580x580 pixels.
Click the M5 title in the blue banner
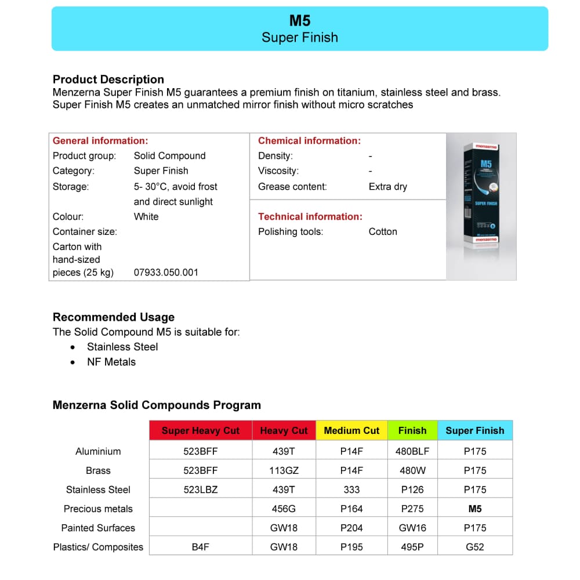300,21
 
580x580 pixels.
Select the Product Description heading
108,79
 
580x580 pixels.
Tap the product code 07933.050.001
166,273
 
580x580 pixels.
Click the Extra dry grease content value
387,187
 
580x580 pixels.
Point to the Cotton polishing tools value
383,231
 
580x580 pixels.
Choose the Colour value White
146,216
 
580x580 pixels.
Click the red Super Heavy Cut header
201,430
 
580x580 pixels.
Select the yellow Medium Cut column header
351,430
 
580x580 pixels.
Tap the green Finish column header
412,430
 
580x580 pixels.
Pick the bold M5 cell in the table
475,509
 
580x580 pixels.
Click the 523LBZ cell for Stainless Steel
201,490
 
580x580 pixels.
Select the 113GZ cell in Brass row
284,470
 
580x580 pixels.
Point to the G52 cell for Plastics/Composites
475,547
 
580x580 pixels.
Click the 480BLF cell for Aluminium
412,451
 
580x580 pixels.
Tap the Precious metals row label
98,509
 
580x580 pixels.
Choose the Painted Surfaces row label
98,528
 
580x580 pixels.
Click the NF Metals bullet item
111,362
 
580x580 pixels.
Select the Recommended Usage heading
114,317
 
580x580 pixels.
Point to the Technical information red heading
310,216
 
